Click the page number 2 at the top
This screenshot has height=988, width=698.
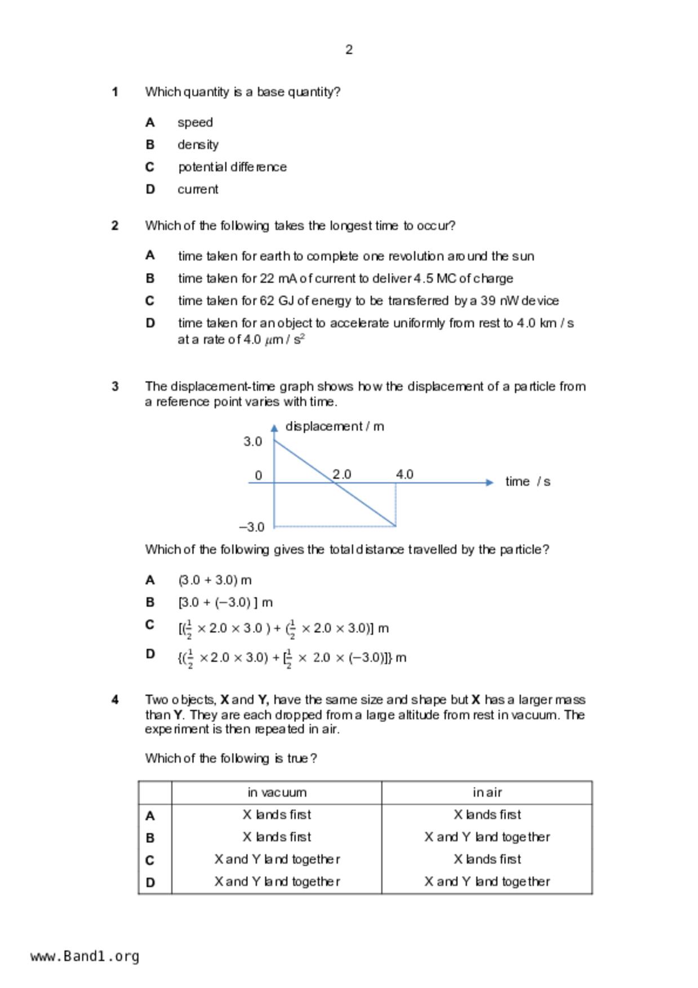[x=349, y=50]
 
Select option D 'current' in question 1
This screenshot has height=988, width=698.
[x=198, y=190]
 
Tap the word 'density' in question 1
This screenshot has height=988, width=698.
[x=198, y=145]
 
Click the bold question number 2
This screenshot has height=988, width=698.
[x=115, y=226]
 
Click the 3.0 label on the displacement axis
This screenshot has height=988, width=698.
[x=252, y=442]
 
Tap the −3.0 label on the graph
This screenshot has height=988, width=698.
[x=251, y=527]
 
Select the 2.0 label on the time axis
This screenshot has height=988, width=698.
[x=341, y=474]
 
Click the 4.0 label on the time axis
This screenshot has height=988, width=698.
[x=404, y=474]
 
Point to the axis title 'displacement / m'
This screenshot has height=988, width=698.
[x=335, y=426]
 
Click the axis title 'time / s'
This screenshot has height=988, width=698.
[x=527, y=482]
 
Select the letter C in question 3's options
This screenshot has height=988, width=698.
[x=150, y=625]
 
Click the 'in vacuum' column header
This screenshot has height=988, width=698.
[x=277, y=793]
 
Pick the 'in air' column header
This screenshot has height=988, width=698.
[x=487, y=793]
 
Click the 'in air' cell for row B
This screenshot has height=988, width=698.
[x=487, y=837]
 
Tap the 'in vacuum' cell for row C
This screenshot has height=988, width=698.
[x=277, y=860]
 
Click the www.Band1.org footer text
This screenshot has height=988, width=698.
[x=85, y=956]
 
